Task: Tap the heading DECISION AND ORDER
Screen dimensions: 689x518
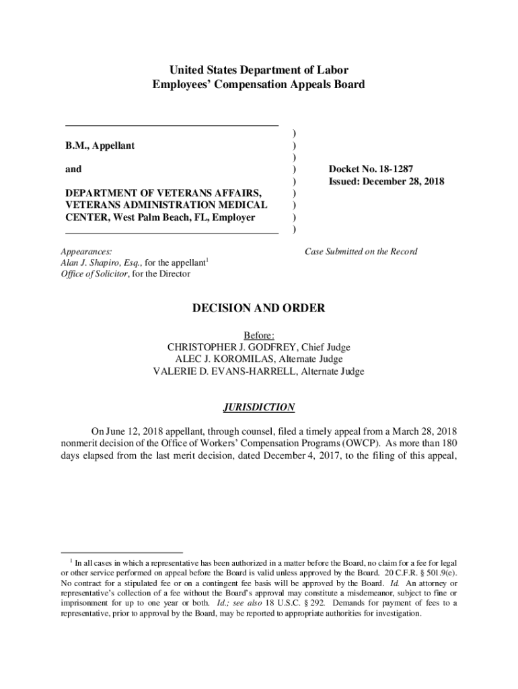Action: pyautogui.click(x=259, y=308)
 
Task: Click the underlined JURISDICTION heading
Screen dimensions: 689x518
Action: pyautogui.click(x=259, y=407)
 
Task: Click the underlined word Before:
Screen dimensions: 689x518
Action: pyautogui.click(x=259, y=335)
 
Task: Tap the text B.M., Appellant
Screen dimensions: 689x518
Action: pyautogui.click(x=100, y=145)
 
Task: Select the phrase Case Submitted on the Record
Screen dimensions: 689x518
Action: pyautogui.click(x=361, y=252)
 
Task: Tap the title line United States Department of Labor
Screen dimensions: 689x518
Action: pyautogui.click(x=259, y=70)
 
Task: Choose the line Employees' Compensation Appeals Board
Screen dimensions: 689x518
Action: pyautogui.click(x=259, y=85)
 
